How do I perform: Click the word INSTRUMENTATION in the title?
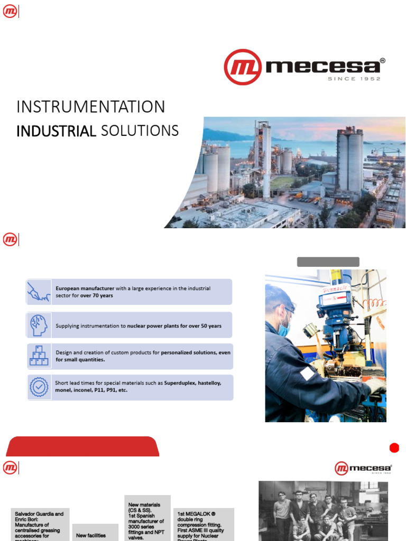pyautogui.click(x=90, y=107)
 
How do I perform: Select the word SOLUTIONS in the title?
pyautogui.click(x=140, y=130)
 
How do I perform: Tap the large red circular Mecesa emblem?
pyautogui.click(x=243, y=67)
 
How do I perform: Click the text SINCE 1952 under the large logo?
pyautogui.click(x=354, y=79)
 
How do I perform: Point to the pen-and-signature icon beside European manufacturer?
pyautogui.click(x=39, y=292)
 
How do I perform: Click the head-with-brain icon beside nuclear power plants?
pyautogui.click(x=39, y=325)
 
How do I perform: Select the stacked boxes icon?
pyautogui.click(x=39, y=356)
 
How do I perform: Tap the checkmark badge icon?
pyautogui.click(x=39, y=387)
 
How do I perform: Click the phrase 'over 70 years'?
pyautogui.click(x=97, y=296)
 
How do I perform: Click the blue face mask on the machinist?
pyautogui.click(x=284, y=329)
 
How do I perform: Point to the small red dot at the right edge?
pyautogui.click(x=394, y=448)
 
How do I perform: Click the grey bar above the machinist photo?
pyautogui.click(x=328, y=262)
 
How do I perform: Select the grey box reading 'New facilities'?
pyautogui.click(x=91, y=535)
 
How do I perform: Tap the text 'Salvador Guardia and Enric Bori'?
pyautogui.click(x=39, y=517)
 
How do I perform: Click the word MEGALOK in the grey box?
pyautogui.click(x=197, y=514)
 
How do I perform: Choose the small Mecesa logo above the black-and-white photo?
pyautogui.click(x=363, y=468)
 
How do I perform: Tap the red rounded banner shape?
pyautogui.click(x=82, y=446)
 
